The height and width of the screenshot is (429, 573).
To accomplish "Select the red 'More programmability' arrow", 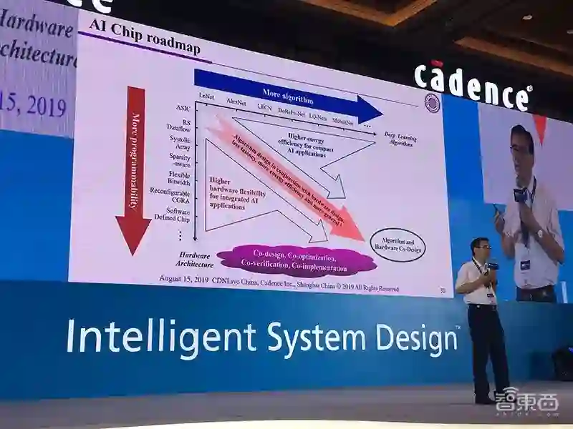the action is coord(135,168).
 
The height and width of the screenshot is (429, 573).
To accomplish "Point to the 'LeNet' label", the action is coord(207,96).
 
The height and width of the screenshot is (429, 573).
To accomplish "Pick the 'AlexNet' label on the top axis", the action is coord(236,102).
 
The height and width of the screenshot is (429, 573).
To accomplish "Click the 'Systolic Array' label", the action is coord(180,143).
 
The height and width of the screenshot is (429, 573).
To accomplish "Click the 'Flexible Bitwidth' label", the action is coord(178,178).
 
